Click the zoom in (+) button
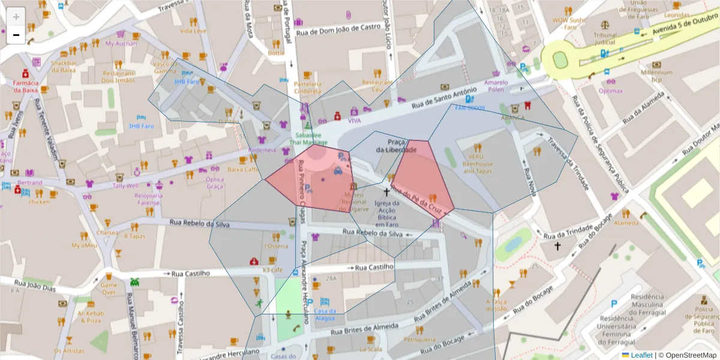tap(16, 17)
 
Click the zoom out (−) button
tap(16, 35)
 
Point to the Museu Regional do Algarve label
tap(354, 202)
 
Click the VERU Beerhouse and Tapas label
tap(477, 163)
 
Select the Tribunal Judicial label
tap(605, 38)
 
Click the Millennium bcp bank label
tap(656, 76)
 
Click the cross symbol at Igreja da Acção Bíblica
tap(386, 192)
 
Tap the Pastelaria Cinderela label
tap(307, 88)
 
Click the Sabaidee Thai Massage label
tap(310, 139)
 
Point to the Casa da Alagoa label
tap(325, 314)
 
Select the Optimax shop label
tap(611, 91)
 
